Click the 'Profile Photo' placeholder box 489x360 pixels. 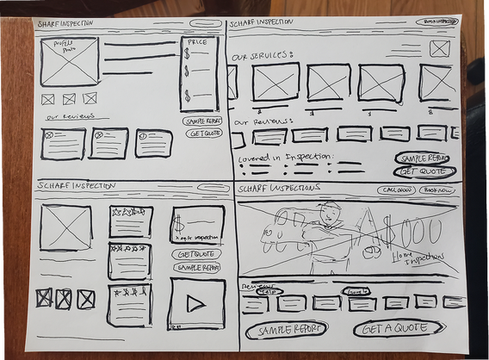[x=68, y=62]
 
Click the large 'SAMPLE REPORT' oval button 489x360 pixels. [x=287, y=329]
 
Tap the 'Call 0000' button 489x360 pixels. [x=395, y=189]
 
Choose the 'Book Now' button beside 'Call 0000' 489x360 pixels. [x=438, y=189]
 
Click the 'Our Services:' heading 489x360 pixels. [x=263, y=55]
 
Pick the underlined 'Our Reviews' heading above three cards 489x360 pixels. [x=67, y=116]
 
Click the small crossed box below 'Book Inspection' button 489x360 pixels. [x=440, y=48]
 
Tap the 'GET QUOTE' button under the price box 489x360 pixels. [x=201, y=135]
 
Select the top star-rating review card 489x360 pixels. [x=130, y=221]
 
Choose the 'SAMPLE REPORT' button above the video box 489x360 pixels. [x=197, y=268]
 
